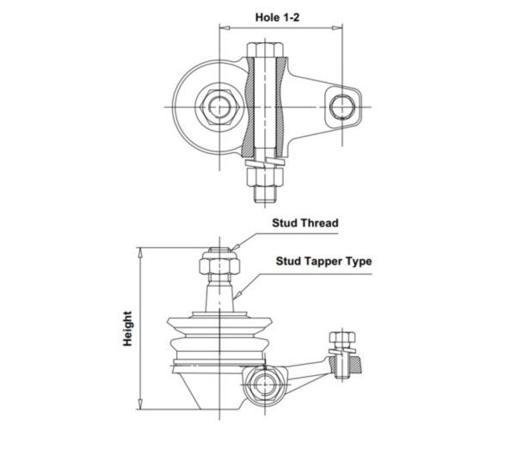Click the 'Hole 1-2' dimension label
(277, 17)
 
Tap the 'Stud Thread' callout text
(305, 223)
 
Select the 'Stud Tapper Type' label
(324, 262)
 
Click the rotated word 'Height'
(127, 329)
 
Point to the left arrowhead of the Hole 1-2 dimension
(224, 28)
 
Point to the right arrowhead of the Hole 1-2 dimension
(338, 28)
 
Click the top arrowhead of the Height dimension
(140, 253)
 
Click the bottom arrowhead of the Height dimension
(140, 405)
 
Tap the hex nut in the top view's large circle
(219, 107)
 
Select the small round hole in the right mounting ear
(342, 107)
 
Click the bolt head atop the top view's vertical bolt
(265, 50)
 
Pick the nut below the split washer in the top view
(265, 177)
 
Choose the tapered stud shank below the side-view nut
(219, 296)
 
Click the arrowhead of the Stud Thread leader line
(234, 247)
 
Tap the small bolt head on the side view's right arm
(342, 337)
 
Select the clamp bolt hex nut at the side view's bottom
(264, 385)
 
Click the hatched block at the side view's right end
(354, 365)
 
